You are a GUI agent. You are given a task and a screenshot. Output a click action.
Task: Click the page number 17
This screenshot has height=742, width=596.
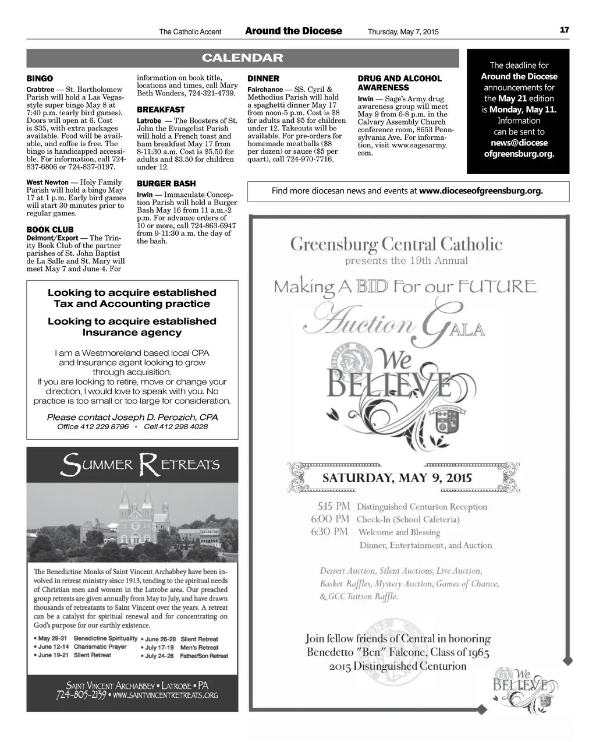(x=564, y=30)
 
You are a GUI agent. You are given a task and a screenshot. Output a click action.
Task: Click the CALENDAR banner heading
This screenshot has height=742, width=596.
(x=242, y=58)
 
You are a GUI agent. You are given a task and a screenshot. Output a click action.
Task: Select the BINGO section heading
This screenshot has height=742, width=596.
(x=40, y=78)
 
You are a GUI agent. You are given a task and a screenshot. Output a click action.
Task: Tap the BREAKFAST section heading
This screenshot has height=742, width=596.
(x=161, y=109)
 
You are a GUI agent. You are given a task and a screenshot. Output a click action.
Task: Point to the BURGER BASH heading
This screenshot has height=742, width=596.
(x=166, y=183)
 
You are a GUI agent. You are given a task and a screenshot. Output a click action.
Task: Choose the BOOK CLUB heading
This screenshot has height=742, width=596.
(x=50, y=229)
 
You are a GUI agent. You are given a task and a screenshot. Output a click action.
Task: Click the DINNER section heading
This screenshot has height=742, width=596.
(x=263, y=78)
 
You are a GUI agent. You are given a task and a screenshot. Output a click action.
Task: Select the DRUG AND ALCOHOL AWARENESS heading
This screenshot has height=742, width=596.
(x=399, y=83)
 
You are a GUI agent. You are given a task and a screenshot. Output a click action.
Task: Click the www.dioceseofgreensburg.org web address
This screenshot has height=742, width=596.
(x=481, y=190)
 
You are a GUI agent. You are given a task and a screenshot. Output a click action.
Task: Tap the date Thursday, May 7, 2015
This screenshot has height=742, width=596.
(x=403, y=31)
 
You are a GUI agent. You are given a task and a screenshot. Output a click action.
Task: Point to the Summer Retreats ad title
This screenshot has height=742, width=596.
(x=141, y=466)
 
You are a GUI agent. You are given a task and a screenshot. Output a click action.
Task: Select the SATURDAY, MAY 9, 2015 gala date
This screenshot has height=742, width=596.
(x=397, y=479)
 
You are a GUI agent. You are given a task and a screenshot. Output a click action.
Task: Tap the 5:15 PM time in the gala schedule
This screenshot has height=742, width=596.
(x=334, y=506)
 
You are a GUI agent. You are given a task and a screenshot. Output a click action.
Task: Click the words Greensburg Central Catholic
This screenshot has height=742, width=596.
(x=396, y=243)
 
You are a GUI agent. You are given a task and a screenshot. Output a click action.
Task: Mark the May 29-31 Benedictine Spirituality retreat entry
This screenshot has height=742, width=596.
(x=87, y=638)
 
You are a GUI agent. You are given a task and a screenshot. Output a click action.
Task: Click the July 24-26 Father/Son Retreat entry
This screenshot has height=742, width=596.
(x=186, y=656)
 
